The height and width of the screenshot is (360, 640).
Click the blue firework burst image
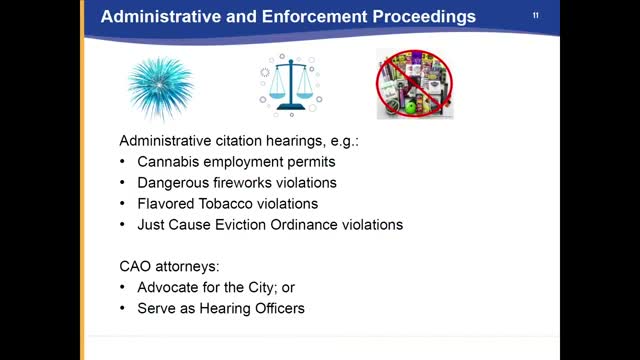point(160,88)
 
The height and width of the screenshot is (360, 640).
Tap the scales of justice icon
point(291,85)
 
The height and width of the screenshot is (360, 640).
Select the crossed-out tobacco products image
point(414,84)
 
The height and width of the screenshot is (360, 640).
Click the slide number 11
point(536,16)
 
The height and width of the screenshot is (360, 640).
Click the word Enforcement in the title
point(314,17)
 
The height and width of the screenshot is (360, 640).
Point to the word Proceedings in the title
point(424,17)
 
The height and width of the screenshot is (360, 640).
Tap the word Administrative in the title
point(160,17)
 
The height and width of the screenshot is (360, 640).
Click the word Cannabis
point(168,162)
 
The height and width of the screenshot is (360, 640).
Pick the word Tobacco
point(224,203)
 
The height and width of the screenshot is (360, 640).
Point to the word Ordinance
point(304,224)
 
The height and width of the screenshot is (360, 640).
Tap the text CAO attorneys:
point(169,267)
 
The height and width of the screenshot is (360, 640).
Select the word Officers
point(280,308)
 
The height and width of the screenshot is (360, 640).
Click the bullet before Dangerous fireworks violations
point(122,182)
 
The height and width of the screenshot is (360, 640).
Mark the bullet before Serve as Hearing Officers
point(122,308)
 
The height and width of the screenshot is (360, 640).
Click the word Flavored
point(166,203)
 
